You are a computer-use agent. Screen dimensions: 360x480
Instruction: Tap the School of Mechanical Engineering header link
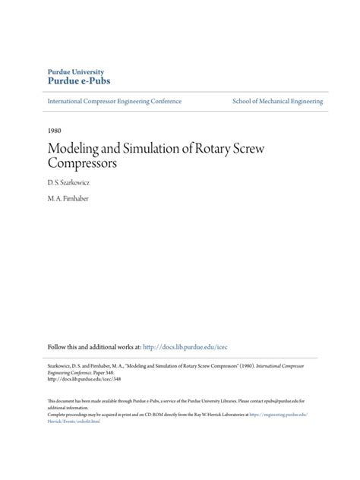coord(277,101)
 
